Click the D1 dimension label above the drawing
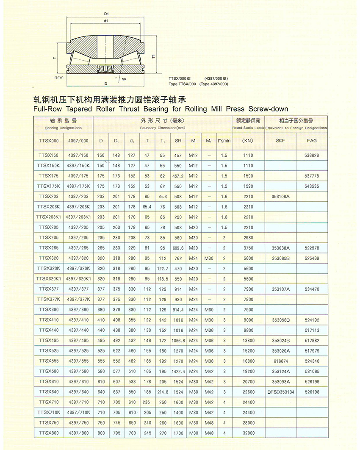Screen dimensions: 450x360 point(106,14)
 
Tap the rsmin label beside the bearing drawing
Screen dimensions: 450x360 point(59,78)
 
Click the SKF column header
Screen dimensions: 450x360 point(280,141)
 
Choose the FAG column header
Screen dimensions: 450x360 point(312,141)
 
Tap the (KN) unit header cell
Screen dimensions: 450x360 point(248,141)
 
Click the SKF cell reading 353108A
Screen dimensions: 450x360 point(280,197)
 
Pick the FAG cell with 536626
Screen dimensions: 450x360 point(312,156)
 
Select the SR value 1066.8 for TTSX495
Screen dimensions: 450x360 point(178,341)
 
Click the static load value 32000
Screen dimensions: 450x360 point(248,433)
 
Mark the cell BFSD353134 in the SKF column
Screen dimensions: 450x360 point(280,392)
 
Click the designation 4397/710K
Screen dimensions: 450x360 point(78,412)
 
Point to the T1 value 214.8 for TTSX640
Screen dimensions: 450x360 point(162,392)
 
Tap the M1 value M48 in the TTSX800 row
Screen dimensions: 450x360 point(209,433)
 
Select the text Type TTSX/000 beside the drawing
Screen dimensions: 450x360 point(182,84)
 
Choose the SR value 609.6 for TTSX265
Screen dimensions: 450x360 point(178,248)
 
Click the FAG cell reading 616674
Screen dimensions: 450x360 point(280,361)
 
